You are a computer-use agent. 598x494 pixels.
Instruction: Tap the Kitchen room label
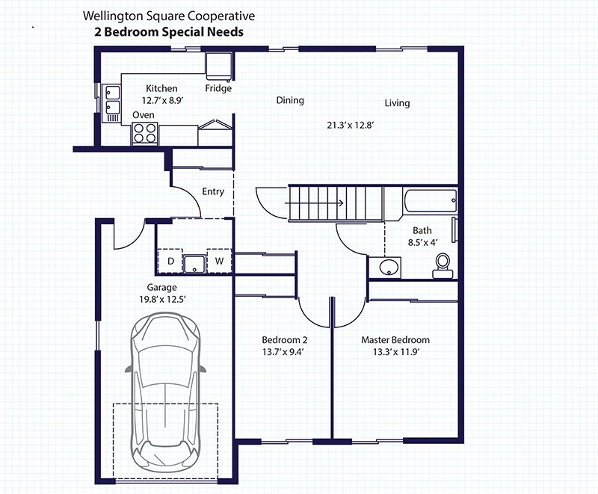(x=161, y=88)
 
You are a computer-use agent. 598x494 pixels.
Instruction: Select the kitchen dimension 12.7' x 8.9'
(x=161, y=99)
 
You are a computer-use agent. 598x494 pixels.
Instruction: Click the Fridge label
(x=218, y=88)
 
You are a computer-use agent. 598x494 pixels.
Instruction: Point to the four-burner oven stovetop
(x=145, y=132)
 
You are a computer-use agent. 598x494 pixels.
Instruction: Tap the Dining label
(x=290, y=100)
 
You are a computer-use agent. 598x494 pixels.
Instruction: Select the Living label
(x=397, y=103)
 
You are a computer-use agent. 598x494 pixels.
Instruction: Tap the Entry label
(x=213, y=191)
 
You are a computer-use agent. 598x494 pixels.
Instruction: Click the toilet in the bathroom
(x=443, y=263)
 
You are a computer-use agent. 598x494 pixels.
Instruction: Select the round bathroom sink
(x=388, y=267)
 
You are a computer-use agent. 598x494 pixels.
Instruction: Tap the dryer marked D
(x=171, y=262)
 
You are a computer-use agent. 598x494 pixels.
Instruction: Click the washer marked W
(x=219, y=262)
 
